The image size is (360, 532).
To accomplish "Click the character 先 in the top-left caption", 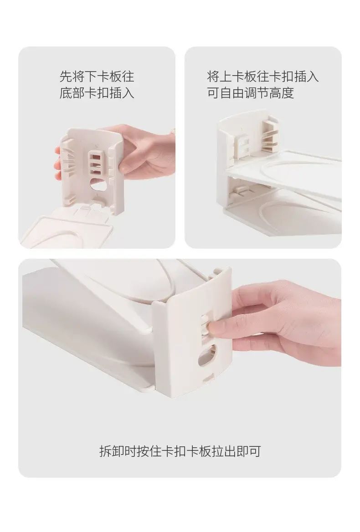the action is pos(66,77).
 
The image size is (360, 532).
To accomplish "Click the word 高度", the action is pos(281,92).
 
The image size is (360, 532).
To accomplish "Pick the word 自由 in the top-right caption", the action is pos(232,92).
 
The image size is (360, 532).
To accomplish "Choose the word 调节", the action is pos(257,92).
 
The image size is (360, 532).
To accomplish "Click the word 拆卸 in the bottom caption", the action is pos(112,451).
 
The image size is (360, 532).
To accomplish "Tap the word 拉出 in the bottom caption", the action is pos(224,451).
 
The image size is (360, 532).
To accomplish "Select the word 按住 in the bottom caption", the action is pos(149,451).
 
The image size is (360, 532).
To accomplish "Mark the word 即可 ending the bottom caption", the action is pos(249,451).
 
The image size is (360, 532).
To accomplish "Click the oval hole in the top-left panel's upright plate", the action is pos(98,184).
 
